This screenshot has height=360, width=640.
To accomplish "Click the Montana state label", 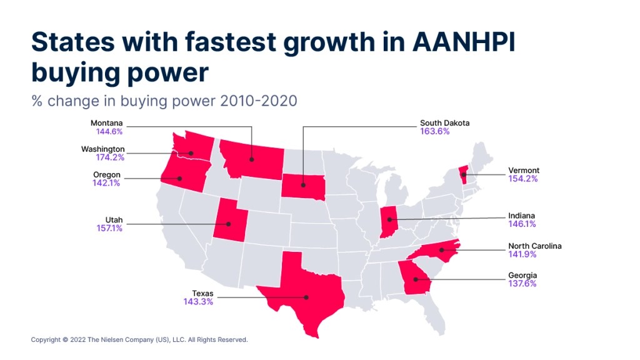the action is click(106, 123).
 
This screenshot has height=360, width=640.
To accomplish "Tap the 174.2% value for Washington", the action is click(110, 157).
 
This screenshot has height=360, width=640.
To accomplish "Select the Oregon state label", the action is click(107, 175).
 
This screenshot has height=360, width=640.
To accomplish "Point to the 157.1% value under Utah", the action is click(109, 227).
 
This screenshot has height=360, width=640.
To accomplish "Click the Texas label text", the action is click(203, 293).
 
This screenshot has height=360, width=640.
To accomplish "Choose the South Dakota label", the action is click(445, 123).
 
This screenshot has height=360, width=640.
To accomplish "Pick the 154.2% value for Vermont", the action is click(523, 178).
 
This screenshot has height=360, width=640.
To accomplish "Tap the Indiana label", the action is click(522, 216).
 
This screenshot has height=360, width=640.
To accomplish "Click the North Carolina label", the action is click(535, 246).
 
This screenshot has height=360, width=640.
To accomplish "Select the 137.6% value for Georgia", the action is click(522, 283).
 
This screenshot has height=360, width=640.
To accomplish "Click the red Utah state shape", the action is click(229, 221).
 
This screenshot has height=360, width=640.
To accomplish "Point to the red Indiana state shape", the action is click(388, 222).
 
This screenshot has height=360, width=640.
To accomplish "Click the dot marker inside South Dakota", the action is click(303, 185).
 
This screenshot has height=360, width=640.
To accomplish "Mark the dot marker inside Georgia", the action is click(415, 279).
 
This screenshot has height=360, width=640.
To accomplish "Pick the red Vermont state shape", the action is click(463, 175).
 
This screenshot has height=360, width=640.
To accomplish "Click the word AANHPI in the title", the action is click(464, 42).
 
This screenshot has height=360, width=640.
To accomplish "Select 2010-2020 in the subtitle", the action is click(258, 101).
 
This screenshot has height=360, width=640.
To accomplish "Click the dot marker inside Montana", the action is click(251, 159).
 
